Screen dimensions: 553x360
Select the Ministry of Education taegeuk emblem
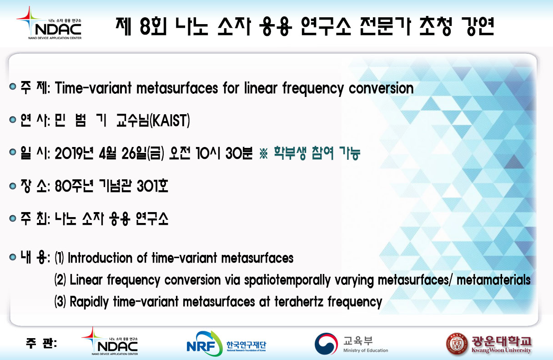click(326, 344)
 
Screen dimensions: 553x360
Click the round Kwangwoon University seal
click(457, 344)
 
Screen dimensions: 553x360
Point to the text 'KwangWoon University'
click(501, 350)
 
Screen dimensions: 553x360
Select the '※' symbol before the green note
click(263, 153)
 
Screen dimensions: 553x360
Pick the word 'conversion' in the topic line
click(381, 88)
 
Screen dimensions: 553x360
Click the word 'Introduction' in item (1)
click(101, 258)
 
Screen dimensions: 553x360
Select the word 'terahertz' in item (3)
click(299, 302)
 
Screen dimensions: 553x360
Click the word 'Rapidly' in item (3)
click(89, 302)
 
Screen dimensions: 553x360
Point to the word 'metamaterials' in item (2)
click(493, 280)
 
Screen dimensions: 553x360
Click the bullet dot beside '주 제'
click(13, 86)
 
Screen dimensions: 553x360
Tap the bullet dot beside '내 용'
click(13, 257)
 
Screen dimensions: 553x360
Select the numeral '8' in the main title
click(145, 26)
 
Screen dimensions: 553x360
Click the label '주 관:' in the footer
click(41, 343)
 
